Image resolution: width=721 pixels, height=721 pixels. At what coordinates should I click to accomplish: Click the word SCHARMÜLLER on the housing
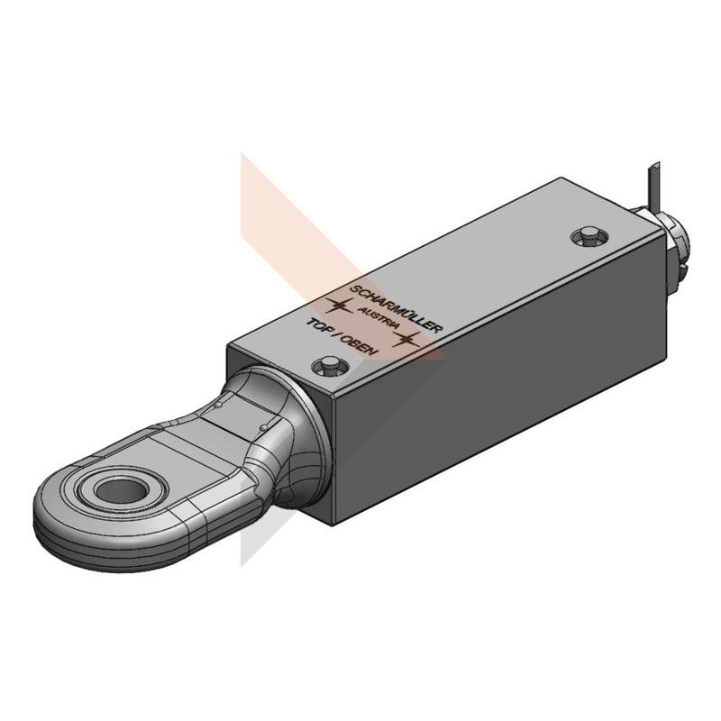[x=397, y=308]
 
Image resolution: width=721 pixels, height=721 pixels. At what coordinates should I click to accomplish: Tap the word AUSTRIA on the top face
[x=379, y=317]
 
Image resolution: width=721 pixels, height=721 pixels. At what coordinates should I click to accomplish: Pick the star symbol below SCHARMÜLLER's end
[x=406, y=339]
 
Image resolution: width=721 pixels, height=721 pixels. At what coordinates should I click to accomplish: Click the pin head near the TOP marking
[x=329, y=367]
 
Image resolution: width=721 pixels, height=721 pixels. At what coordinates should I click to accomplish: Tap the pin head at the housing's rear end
[x=589, y=236]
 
